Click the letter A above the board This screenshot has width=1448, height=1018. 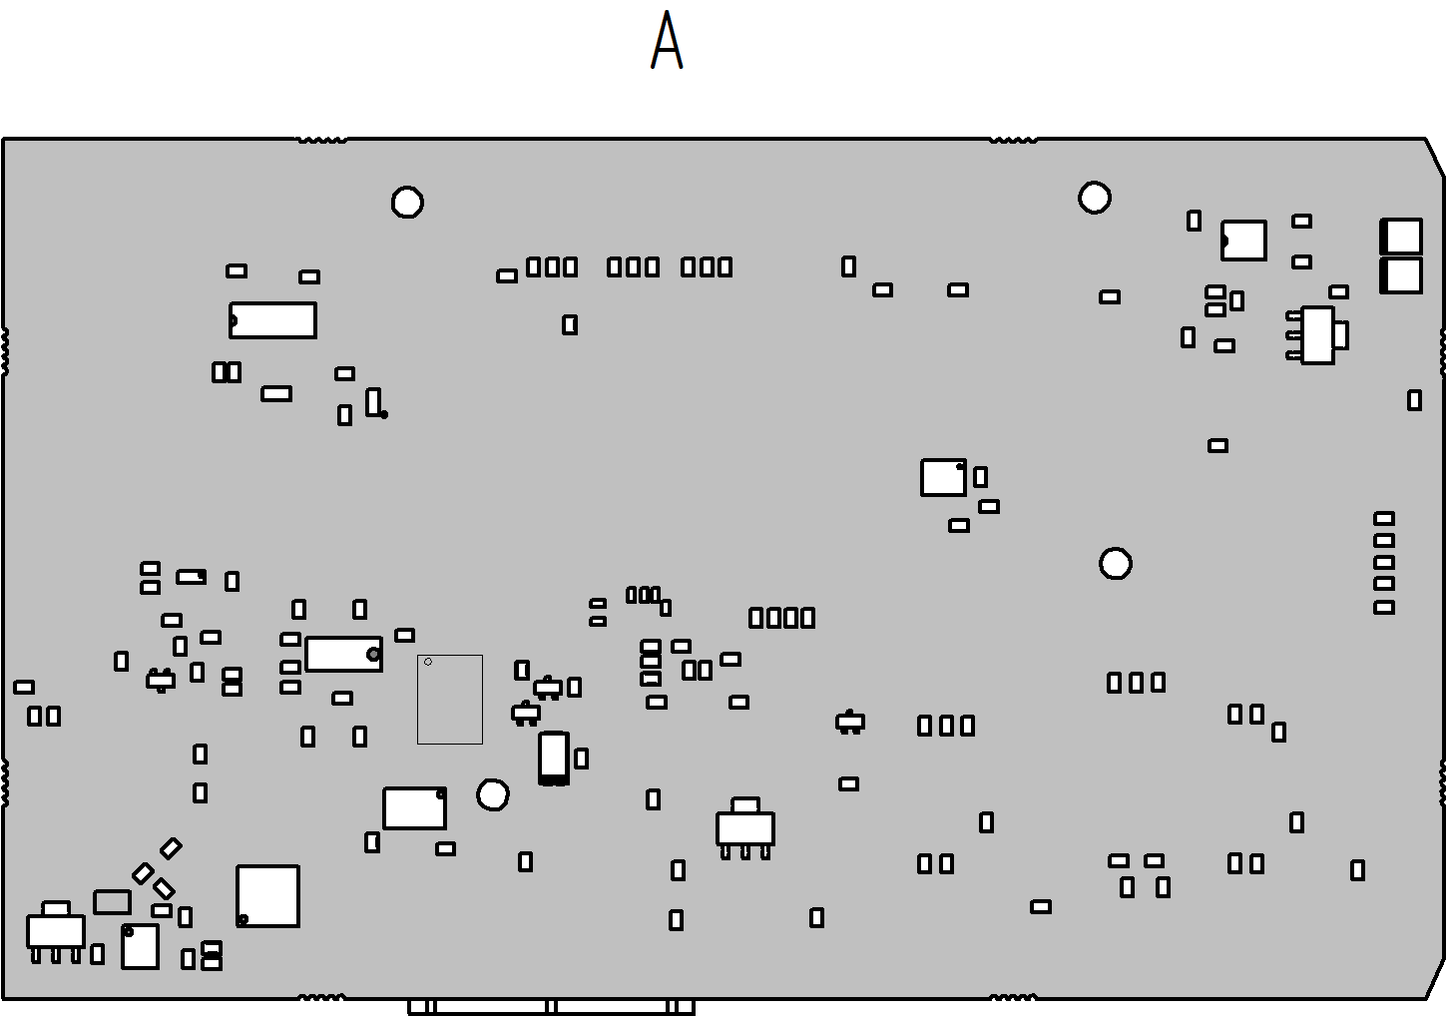[667, 42]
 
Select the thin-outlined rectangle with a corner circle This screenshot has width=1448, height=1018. [450, 699]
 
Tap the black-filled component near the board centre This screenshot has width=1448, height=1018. [554, 758]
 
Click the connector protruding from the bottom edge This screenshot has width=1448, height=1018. [551, 1006]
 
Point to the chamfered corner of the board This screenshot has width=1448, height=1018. [1434, 158]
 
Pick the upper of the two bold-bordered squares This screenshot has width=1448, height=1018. [1401, 237]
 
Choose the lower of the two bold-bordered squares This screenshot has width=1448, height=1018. [1401, 275]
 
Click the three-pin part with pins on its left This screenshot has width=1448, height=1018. [1317, 335]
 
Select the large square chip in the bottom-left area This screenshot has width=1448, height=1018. [267, 895]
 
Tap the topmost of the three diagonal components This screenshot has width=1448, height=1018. [172, 848]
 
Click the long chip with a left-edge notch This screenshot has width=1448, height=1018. [273, 320]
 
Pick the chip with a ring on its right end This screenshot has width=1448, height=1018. [343, 654]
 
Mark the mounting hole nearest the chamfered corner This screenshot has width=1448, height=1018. [1095, 198]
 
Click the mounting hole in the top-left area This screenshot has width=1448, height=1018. [407, 203]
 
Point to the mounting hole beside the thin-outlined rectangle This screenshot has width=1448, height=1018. [493, 794]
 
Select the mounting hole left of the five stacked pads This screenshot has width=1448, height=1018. [1116, 564]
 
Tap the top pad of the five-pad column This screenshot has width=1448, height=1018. [1384, 518]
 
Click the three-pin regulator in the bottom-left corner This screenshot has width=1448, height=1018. [56, 931]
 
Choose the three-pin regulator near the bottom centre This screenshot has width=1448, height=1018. [745, 828]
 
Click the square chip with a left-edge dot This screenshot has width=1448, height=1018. [1244, 241]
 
